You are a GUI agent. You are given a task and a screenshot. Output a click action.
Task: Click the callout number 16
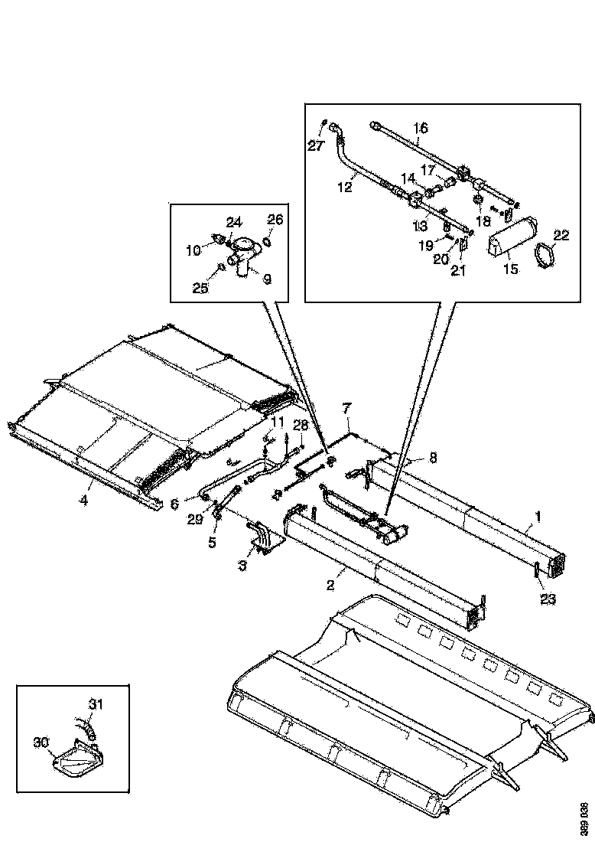click(421, 128)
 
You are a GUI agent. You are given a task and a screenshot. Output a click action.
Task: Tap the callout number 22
click(561, 236)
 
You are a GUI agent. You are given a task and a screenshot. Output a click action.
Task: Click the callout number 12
click(345, 187)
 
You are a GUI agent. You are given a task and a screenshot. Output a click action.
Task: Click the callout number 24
click(233, 222)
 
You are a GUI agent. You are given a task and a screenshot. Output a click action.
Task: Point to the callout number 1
click(538, 518)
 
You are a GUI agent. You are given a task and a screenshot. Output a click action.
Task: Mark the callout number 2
click(330, 586)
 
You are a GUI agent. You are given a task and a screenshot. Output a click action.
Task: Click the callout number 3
click(242, 566)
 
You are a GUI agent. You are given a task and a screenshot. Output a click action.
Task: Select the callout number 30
click(41, 742)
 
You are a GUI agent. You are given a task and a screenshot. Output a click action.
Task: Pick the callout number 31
click(95, 704)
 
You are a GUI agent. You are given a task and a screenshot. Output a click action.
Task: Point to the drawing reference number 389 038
click(584, 816)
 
